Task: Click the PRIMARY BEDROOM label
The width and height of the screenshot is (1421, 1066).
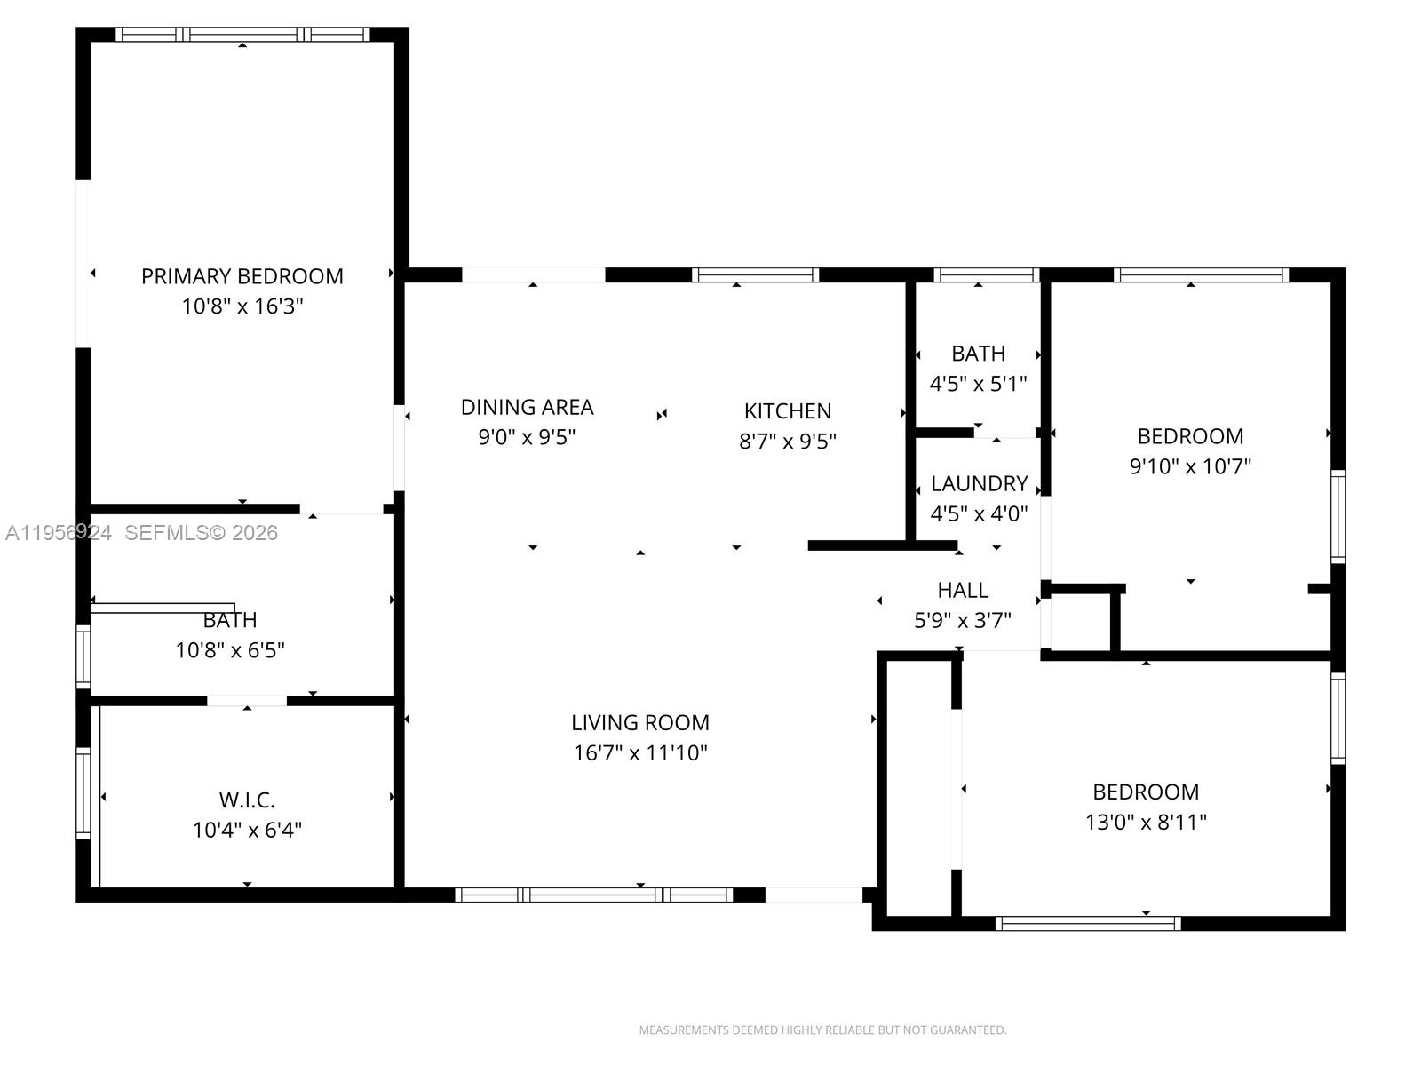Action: (242, 276)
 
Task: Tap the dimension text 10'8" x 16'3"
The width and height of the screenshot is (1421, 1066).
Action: (242, 306)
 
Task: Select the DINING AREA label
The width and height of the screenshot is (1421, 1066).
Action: (527, 407)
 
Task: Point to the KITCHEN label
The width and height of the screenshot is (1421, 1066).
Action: (788, 411)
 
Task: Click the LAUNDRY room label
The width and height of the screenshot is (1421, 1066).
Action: (979, 483)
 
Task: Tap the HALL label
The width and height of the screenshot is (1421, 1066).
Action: (963, 590)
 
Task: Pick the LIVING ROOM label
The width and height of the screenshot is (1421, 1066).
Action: (639, 722)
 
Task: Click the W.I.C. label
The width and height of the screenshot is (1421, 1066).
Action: (247, 799)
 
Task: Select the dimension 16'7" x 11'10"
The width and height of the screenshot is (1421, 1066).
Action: (639, 753)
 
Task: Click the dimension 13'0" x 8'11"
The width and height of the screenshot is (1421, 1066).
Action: (1145, 822)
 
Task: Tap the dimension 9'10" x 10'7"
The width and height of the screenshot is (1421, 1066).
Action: (1189, 466)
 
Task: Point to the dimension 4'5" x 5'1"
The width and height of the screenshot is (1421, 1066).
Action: (978, 384)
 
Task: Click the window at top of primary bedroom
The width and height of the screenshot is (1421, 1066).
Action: (243, 35)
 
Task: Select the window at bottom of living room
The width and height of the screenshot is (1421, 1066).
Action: (594, 895)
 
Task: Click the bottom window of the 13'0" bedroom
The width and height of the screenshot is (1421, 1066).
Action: (1087, 924)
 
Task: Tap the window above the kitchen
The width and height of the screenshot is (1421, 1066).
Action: (755, 275)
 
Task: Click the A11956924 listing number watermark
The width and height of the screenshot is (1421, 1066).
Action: (59, 533)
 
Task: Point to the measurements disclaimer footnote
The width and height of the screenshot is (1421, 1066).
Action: (822, 1030)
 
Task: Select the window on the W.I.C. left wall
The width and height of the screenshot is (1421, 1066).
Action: (83, 793)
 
